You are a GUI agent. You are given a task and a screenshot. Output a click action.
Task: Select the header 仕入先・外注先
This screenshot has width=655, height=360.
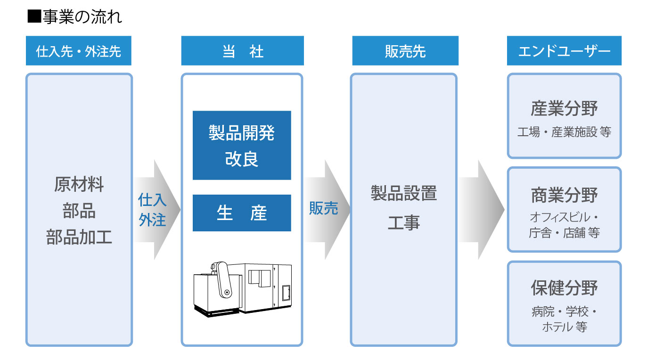[x=78, y=50]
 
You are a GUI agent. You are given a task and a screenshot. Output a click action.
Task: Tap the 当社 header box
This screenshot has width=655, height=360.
[x=242, y=50]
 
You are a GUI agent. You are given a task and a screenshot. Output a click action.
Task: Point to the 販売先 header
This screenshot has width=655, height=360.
[x=405, y=50]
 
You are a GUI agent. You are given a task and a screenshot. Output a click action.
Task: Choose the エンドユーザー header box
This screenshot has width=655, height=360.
[x=564, y=50]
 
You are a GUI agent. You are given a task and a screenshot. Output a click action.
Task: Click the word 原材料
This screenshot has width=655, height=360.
[x=79, y=184]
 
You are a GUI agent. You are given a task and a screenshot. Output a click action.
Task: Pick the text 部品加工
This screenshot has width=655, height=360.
[x=79, y=237]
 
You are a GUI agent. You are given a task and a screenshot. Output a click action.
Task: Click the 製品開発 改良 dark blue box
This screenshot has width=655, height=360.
[x=242, y=145]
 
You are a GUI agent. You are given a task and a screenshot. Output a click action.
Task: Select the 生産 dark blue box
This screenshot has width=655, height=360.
[x=242, y=213]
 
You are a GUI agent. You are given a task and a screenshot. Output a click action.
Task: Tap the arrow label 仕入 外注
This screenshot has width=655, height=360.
[x=152, y=210]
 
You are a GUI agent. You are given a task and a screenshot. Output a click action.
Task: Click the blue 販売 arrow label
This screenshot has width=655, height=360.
[x=323, y=208]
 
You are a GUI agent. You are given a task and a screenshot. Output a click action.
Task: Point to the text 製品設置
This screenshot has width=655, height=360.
[x=404, y=193]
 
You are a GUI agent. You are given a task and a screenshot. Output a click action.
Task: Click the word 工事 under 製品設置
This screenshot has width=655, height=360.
[x=404, y=222]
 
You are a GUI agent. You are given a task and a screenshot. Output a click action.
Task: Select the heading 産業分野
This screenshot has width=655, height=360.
[x=564, y=108]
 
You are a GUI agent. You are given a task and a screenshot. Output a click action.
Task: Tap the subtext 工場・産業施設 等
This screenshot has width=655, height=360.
[x=564, y=132]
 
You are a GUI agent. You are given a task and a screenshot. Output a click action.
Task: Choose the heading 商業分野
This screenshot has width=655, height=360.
[x=564, y=195]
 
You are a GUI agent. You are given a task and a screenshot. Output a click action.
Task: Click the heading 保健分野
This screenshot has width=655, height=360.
[x=564, y=288]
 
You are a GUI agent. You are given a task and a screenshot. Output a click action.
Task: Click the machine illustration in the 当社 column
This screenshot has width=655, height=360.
[x=243, y=289]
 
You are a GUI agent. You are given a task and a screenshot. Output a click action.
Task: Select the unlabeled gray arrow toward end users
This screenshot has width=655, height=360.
[x=481, y=209]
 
